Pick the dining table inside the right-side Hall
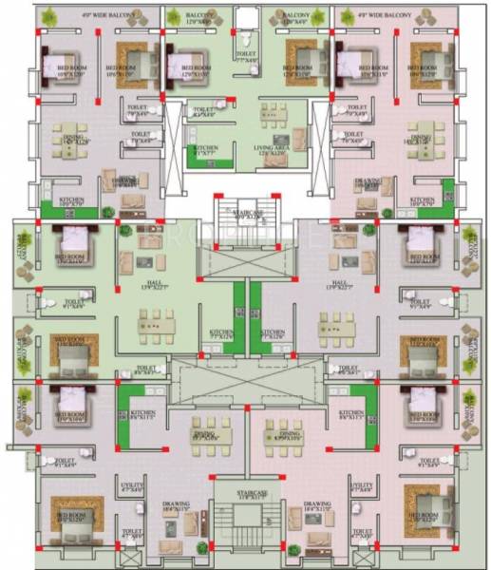tap(338, 327)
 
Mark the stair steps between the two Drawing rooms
tap(247, 528)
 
